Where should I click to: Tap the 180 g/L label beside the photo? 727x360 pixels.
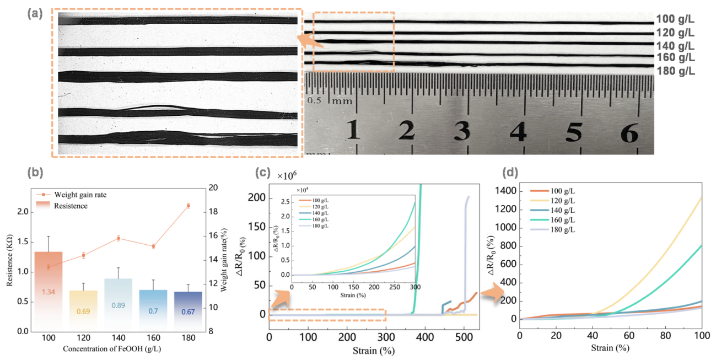tap(676, 71)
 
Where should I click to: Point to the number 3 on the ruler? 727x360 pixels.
tap(462, 132)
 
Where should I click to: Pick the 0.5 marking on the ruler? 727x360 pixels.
tap(314, 100)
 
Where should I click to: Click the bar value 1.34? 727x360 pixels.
tap(49, 292)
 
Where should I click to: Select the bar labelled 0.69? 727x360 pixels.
tap(83, 311)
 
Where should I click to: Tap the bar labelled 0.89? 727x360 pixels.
tap(118, 305)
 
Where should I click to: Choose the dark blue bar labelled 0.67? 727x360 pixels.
tap(188, 311)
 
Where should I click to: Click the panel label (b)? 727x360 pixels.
tap(34, 173)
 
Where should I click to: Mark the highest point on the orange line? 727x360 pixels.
tap(189, 205)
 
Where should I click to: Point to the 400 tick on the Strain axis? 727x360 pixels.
tap(425, 337)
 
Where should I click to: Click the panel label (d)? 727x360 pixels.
tap(511, 173)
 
